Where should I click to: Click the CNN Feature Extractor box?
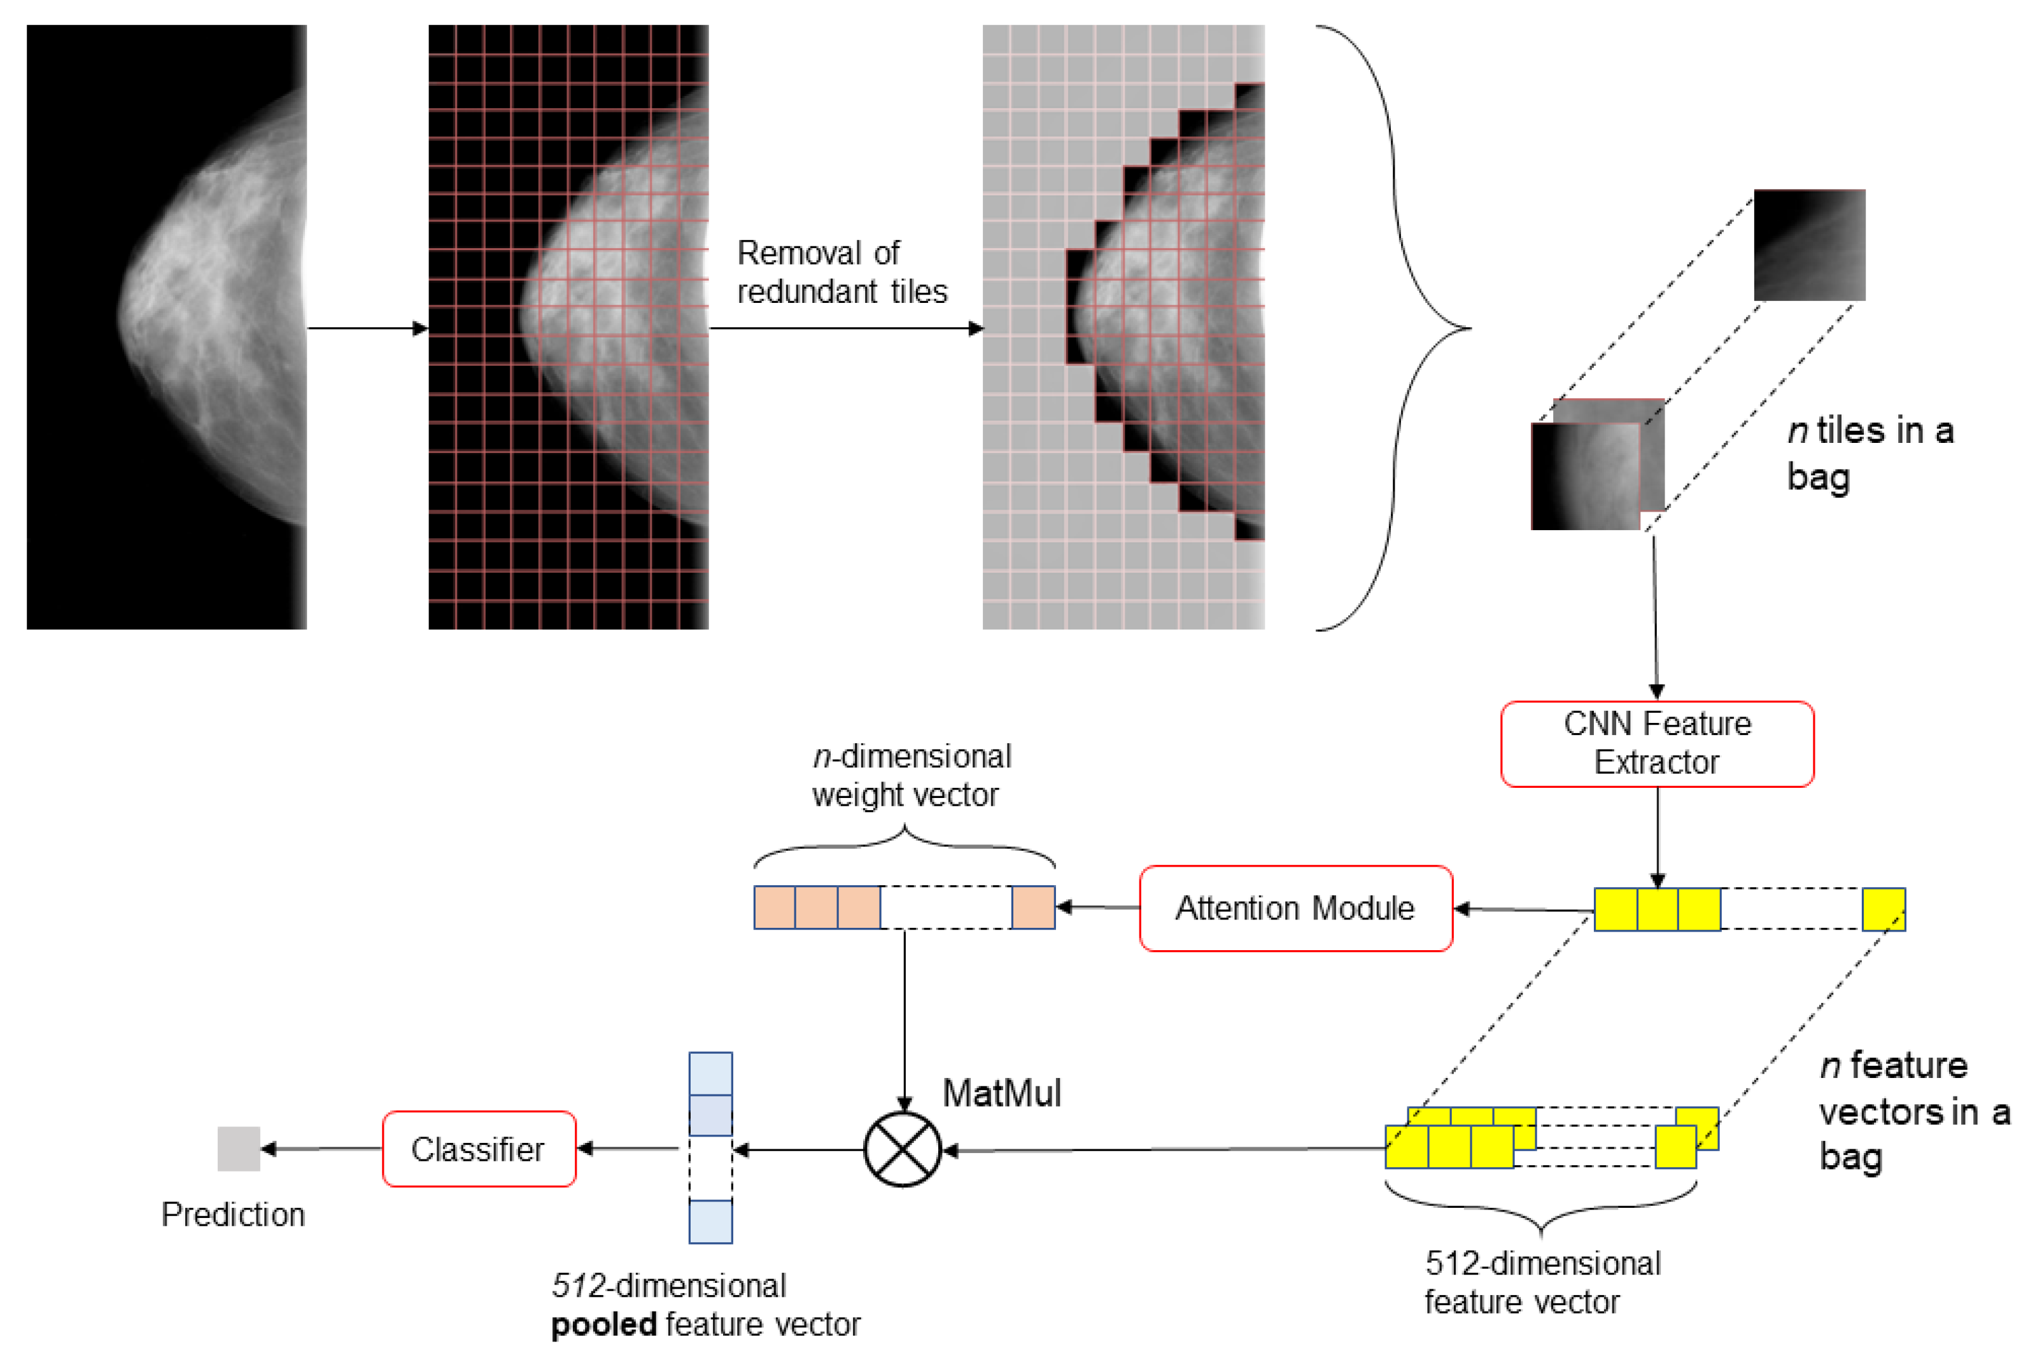pyautogui.click(x=1656, y=743)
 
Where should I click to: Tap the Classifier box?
pyautogui.click(x=478, y=1149)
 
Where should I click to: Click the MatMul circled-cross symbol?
pyautogui.click(x=902, y=1149)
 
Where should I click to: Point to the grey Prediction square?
pyautogui.click(x=238, y=1149)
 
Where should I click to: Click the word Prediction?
pyautogui.click(x=232, y=1214)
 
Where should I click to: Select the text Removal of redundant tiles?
pyautogui.click(x=840, y=272)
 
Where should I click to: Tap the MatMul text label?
pyautogui.click(x=1001, y=1093)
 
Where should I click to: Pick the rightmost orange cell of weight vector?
pyautogui.click(x=1032, y=907)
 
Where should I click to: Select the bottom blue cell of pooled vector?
pyautogui.click(x=710, y=1221)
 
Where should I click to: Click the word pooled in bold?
pyautogui.click(x=604, y=1324)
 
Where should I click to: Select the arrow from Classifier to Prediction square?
pyautogui.click(x=321, y=1149)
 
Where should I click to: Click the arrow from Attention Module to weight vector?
pyautogui.click(x=1097, y=907)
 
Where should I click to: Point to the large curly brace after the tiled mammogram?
pyautogui.click(x=1395, y=327)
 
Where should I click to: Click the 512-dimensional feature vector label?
pyautogui.click(x=1541, y=1283)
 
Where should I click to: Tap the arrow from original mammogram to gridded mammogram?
pyautogui.click(x=367, y=328)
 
